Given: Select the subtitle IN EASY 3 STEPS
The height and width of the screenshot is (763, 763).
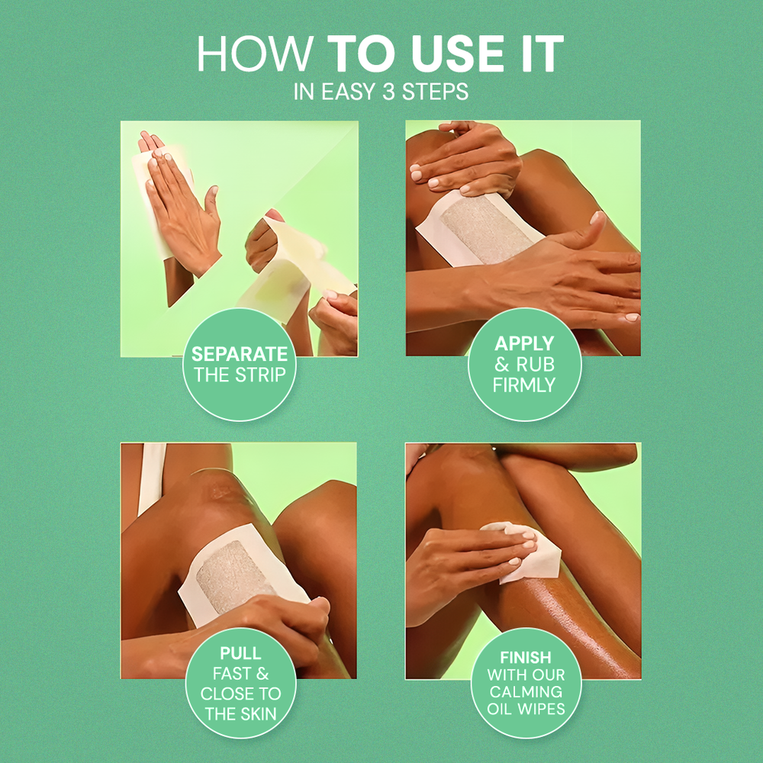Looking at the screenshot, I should point(381,92).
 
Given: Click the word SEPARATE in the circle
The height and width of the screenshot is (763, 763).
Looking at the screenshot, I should point(240,355).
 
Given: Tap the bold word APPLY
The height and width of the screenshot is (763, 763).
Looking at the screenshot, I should point(524,345).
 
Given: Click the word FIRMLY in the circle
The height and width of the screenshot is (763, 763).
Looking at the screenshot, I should point(524,385).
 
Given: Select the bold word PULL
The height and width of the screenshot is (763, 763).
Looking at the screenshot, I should point(240,654).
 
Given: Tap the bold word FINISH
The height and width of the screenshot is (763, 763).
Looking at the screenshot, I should point(526,656).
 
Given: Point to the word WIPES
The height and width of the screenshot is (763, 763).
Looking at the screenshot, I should point(544,709).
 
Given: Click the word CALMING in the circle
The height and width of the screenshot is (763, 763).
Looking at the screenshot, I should point(525,691).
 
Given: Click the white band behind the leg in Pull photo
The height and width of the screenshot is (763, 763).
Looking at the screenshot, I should point(151,477).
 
